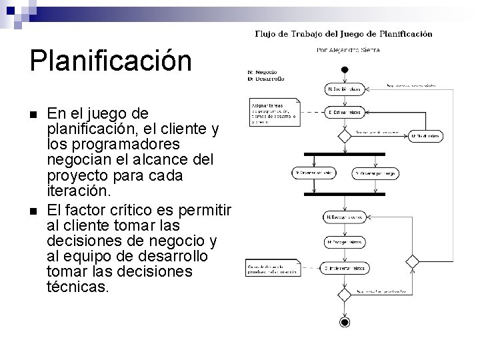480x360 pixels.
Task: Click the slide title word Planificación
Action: point(110,61)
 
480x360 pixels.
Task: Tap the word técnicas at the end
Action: point(79,287)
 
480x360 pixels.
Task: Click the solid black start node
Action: point(344,69)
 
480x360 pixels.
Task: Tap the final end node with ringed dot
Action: point(344,323)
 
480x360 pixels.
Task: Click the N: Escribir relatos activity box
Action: point(344,88)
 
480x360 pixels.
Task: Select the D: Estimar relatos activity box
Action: point(344,113)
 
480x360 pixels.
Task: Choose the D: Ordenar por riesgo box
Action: point(376,173)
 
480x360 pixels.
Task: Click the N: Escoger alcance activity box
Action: point(344,217)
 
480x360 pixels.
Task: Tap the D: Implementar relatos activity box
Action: point(344,268)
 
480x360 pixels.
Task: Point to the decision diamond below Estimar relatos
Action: point(344,135)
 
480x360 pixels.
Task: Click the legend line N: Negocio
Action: point(263,72)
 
